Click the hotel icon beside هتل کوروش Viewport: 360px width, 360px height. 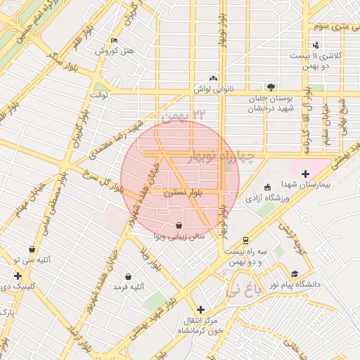(x=115, y=41)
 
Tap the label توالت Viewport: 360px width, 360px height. (x=97, y=94)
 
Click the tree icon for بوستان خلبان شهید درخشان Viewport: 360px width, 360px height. (x=271, y=87)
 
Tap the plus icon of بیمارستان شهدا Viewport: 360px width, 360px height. (x=304, y=174)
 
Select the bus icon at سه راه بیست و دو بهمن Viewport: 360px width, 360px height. (x=245, y=239)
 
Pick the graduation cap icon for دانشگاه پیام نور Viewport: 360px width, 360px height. (x=295, y=274)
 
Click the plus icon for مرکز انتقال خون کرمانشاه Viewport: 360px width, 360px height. (x=202, y=309)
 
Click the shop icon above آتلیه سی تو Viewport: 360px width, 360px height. (x=32, y=250)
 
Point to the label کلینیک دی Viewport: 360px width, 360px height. (x=18, y=285)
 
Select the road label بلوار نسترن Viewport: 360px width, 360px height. (x=183, y=191)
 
